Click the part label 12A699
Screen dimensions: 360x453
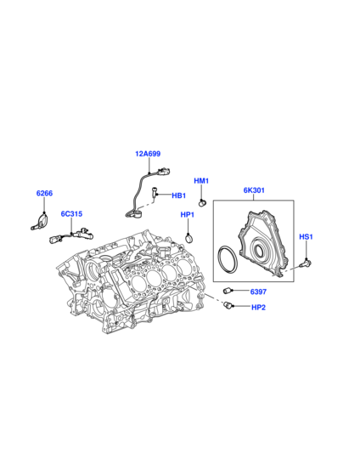coord(148,154)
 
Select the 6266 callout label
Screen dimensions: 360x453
coord(44,193)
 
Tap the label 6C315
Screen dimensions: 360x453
coord(71,214)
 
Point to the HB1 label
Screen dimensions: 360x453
coord(178,195)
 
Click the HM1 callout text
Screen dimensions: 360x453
coord(201,181)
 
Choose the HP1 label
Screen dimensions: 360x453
coord(188,215)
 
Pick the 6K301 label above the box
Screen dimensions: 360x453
coord(254,190)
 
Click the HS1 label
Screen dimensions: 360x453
coord(306,237)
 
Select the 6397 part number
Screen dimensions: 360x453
coord(258,292)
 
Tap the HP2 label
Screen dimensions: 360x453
coord(258,308)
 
